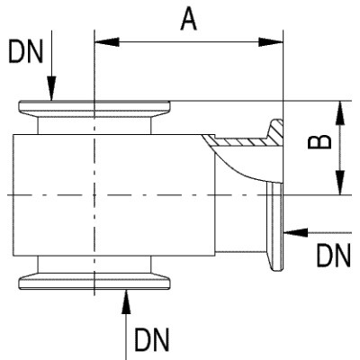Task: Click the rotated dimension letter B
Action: [319, 141]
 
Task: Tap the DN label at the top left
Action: [25, 51]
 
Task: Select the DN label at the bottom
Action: [152, 340]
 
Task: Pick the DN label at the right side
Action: [334, 256]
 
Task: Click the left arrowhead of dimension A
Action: [107, 42]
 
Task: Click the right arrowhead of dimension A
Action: [271, 42]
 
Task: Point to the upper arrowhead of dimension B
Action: [340, 113]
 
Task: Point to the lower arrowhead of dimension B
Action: [340, 183]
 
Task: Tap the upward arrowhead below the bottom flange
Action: [127, 301]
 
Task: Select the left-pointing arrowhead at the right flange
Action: [296, 232]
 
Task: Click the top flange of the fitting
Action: [94, 109]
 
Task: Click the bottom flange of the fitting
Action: [94, 281]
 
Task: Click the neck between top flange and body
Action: [94, 126]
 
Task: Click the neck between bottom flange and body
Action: [94, 265]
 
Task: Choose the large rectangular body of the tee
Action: [114, 195]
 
